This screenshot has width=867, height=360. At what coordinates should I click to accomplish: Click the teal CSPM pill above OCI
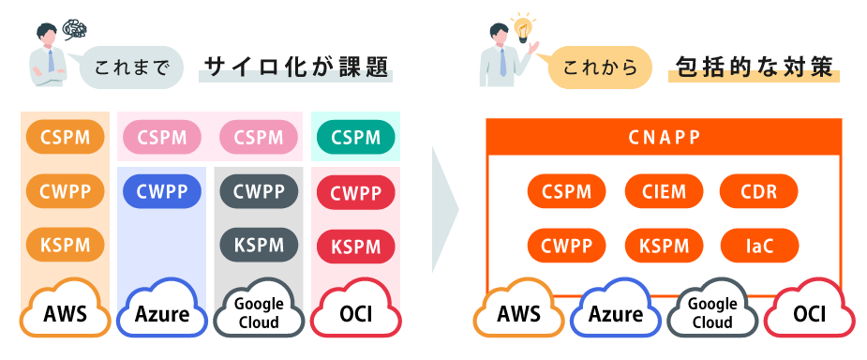pos(355,138)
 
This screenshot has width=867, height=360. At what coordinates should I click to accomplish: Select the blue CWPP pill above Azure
pos(162,192)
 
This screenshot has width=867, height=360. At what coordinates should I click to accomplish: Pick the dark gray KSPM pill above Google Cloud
pos(259,245)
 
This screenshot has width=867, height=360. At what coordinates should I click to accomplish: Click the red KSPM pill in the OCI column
pos(355,247)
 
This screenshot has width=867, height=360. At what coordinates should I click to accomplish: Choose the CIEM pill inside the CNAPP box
pos(664,192)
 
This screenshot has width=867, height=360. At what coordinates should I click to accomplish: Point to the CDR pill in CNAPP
pos(759,192)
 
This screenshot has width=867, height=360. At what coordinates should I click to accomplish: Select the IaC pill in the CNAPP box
pos(759,246)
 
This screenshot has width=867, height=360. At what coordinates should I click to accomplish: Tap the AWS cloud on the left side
pos(66,310)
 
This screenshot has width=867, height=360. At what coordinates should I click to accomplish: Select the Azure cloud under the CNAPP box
pos(616,311)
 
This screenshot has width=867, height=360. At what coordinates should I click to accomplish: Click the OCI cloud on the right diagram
pos(809,311)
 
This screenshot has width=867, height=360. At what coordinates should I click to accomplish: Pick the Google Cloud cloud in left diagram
pos(259,311)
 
